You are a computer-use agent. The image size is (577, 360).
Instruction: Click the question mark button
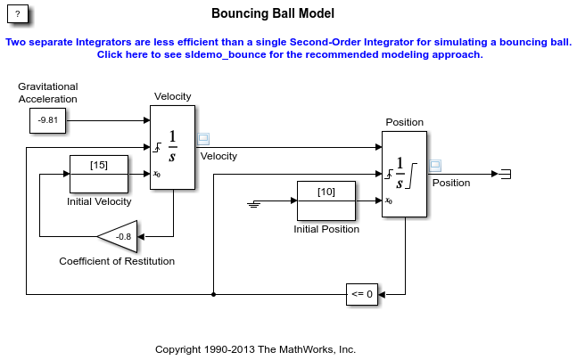coord(18,15)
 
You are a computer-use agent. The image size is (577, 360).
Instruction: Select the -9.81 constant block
coord(48,120)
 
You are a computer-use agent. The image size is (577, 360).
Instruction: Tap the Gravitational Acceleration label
coord(48,93)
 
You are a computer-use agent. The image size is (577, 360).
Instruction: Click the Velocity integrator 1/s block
coord(172,147)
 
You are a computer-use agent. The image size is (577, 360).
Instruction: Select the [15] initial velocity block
coord(99,174)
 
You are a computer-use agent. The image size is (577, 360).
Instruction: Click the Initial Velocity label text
coord(99,201)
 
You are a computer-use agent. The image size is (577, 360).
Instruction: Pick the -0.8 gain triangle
coord(120,237)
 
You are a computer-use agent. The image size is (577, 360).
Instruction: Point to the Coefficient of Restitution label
coord(117,261)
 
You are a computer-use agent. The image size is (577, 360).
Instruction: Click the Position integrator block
coord(404,174)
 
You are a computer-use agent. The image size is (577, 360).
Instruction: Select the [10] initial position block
coord(326,200)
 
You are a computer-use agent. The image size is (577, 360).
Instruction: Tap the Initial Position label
coord(326,229)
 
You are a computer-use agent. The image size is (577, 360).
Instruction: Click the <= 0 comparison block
coord(362,293)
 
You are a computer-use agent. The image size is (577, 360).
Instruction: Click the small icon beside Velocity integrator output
coord(203,138)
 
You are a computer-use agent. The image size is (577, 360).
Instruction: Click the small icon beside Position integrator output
coord(435,165)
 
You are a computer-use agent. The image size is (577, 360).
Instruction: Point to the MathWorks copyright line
coord(255,348)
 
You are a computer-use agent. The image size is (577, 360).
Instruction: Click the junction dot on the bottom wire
coord(214,293)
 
